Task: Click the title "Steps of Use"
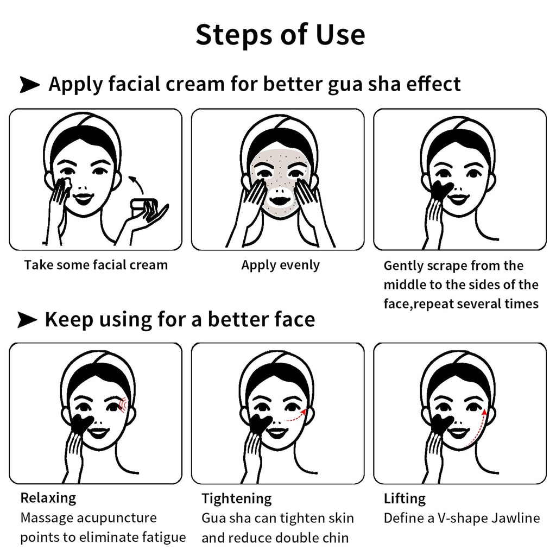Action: tap(280, 35)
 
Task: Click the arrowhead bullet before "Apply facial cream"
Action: tap(30, 84)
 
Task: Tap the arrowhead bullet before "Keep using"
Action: tap(27, 319)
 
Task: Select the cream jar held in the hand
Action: tap(143, 207)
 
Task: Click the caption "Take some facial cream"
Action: tap(96, 265)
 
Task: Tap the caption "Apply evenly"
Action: tap(281, 265)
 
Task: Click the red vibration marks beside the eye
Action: tap(122, 405)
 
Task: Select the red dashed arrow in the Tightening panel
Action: tap(295, 416)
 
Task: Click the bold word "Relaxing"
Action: tap(48, 498)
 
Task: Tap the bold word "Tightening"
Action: tap(237, 498)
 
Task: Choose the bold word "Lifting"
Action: tap(405, 498)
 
